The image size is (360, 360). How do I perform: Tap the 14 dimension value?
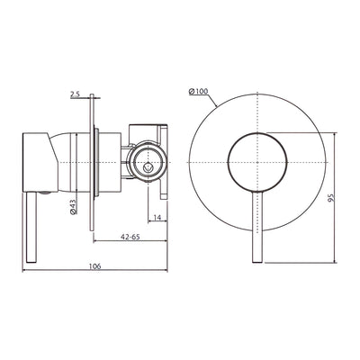[x=157, y=217]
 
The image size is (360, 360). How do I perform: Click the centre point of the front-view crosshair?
[x=257, y=162]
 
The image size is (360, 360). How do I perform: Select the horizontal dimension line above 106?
[x=95, y=274]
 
